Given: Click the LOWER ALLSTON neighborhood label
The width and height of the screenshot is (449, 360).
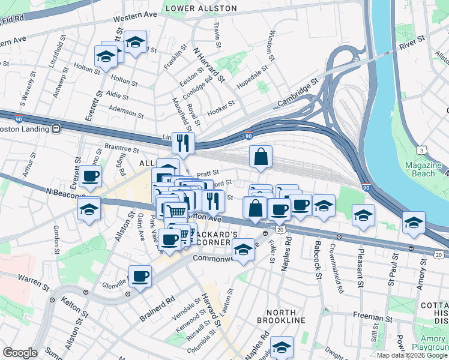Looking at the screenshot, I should click(x=200, y=9).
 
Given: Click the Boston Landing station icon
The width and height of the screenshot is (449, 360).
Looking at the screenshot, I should click(x=56, y=128).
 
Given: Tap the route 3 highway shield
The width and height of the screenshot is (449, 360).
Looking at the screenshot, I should click(x=423, y=149).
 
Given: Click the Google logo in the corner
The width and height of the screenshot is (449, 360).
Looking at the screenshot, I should click(x=20, y=353).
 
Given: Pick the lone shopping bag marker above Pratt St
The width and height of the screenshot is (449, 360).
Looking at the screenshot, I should click(x=261, y=158).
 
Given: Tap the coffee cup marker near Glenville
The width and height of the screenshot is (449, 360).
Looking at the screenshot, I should click(x=140, y=277).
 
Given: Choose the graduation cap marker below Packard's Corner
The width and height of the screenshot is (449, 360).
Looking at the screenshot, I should click(x=243, y=250).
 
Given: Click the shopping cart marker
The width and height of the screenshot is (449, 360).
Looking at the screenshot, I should click(x=175, y=211).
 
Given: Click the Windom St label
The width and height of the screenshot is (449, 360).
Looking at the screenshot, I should click(x=271, y=46).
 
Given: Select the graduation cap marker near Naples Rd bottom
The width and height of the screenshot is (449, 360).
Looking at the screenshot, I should click(x=281, y=347).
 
